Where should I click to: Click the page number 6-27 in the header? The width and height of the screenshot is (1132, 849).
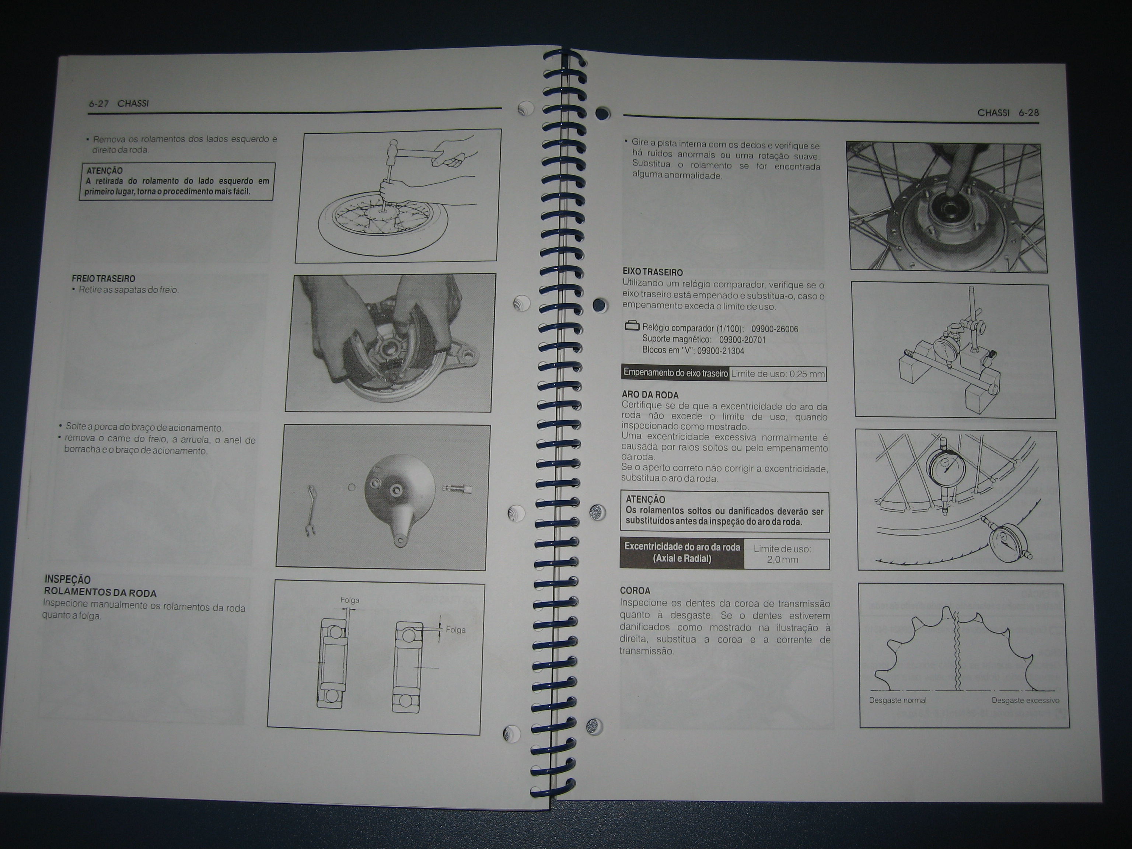[99, 104]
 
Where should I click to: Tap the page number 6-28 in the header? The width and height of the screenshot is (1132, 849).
[1028, 113]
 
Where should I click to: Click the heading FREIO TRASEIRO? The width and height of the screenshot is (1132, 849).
[104, 279]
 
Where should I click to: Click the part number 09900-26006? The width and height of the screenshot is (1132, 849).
[775, 329]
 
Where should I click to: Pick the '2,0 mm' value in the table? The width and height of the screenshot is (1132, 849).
[782, 560]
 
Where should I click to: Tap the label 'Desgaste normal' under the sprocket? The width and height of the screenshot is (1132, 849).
[898, 700]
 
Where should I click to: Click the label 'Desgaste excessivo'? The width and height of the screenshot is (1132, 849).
[1026, 700]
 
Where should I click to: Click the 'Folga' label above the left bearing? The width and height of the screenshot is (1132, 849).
[350, 600]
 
